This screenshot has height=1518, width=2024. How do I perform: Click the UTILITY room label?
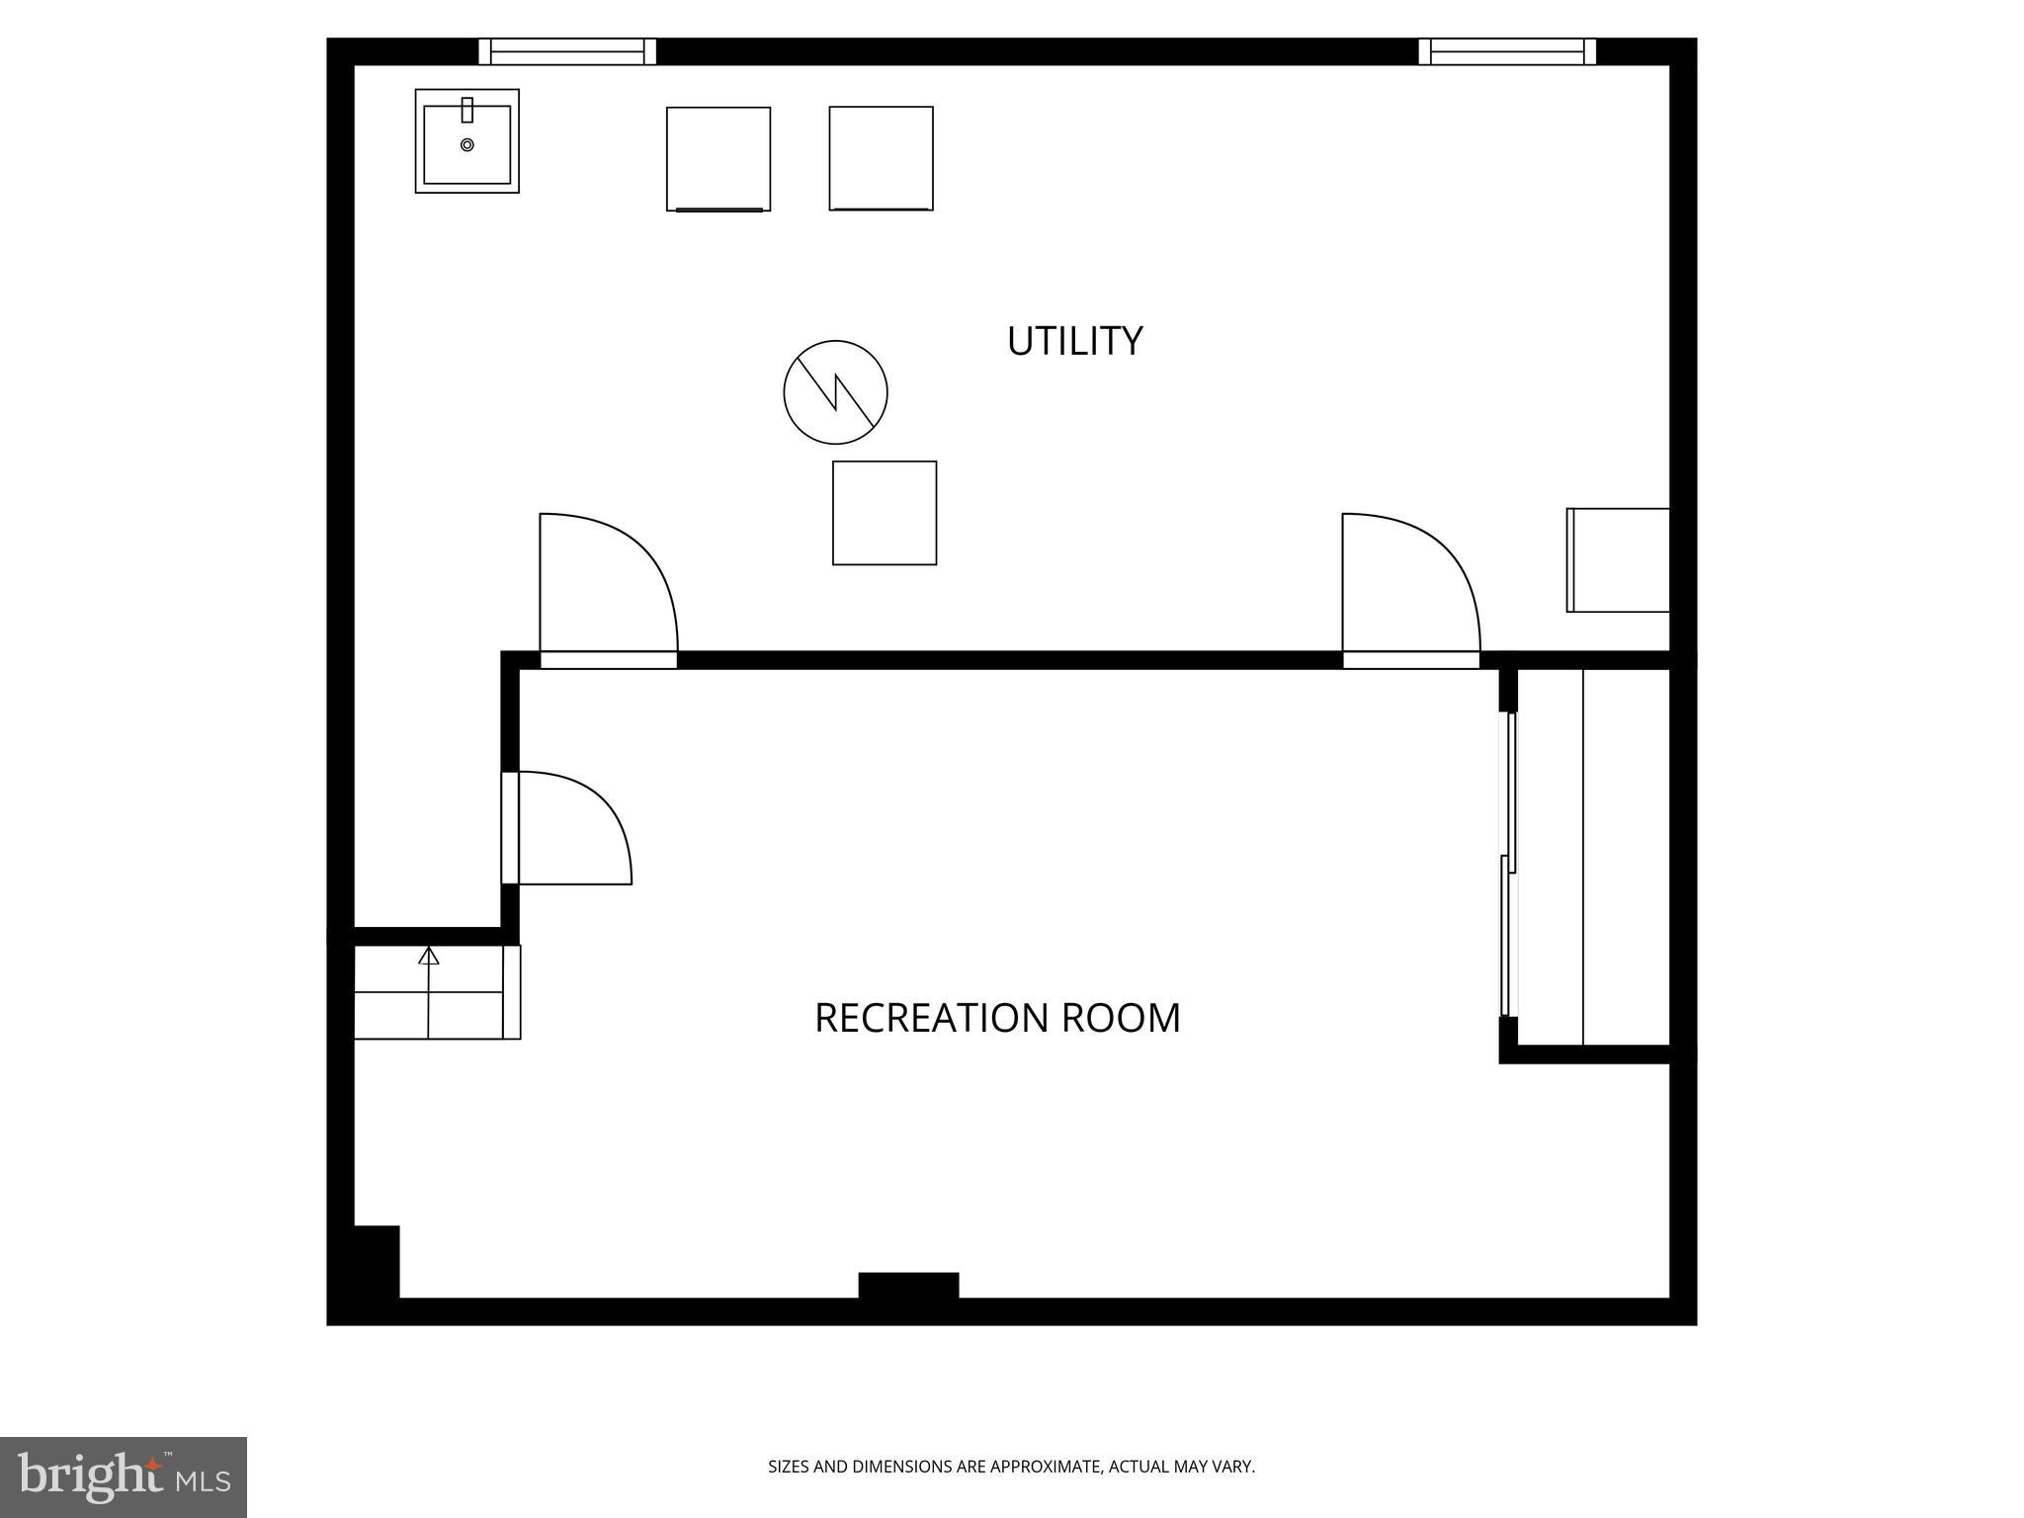click(1074, 341)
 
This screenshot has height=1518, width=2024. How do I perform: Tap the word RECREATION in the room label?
click(930, 1018)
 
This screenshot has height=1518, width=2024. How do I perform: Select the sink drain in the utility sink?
click(467, 145)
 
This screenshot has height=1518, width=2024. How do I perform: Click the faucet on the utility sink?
click(467, 109)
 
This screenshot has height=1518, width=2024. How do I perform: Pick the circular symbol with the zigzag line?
click(835, 392)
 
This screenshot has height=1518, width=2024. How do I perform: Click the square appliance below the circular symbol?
click(885, 513)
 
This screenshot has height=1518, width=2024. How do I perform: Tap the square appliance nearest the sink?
click(718, 159)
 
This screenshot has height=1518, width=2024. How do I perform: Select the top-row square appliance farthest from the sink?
click(881, 158)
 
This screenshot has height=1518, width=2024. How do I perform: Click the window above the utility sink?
click(567, 51)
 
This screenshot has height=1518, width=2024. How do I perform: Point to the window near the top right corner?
click(1507, 51)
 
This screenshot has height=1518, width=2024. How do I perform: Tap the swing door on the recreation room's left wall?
click(568, 828)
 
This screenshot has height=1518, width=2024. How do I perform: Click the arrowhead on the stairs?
click(428, 956)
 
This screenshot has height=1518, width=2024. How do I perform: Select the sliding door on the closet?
click(1508, 865)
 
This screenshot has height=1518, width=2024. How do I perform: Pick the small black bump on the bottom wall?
click(908, 1285)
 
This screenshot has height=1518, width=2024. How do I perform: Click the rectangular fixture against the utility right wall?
click(1618, 560)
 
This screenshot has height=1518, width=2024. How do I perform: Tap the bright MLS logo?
click(123, 1477)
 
